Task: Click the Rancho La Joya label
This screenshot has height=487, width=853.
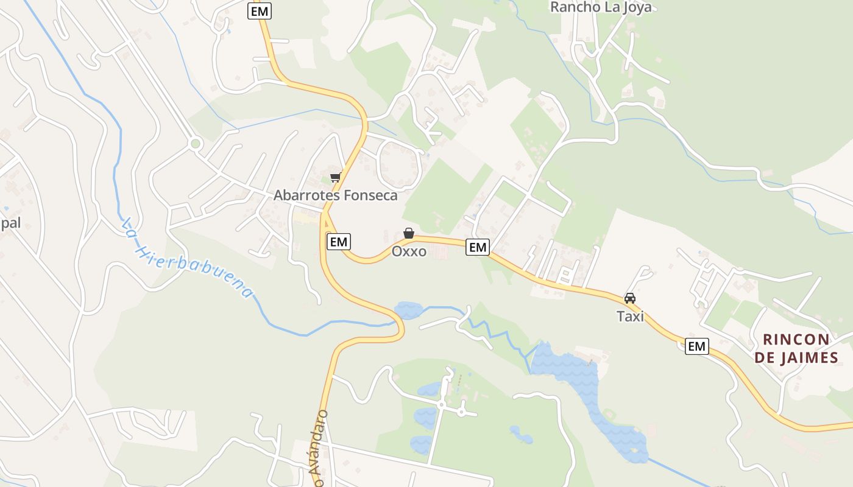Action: click(x=601, y=7)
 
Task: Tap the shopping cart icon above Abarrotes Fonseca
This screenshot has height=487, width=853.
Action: click(x=334, y=178)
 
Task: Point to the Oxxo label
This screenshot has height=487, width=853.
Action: click(x=409, y=251)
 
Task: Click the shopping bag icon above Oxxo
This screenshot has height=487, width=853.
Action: click(x=409, y=233)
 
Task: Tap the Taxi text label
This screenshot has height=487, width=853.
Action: click(x=630, y=317)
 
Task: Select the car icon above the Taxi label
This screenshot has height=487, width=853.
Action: click(x=630, y=298)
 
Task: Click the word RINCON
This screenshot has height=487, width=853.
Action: click(x=796, y=339)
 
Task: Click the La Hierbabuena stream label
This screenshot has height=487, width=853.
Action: click(x=186, y=259)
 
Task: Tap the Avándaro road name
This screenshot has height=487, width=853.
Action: click(x=321, y=447)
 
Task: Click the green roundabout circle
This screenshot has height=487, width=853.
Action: click(x=195, y=144)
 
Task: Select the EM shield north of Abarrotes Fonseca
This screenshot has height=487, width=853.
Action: click(x=259, y=11)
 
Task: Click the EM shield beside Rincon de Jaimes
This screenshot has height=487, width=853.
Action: click(x=696, y=346)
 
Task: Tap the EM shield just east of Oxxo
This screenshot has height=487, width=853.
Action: click(x=478, y=247)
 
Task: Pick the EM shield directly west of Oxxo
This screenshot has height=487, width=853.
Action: click(x=338, y=242)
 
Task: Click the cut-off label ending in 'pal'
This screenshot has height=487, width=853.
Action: click(x=10, y=223)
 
